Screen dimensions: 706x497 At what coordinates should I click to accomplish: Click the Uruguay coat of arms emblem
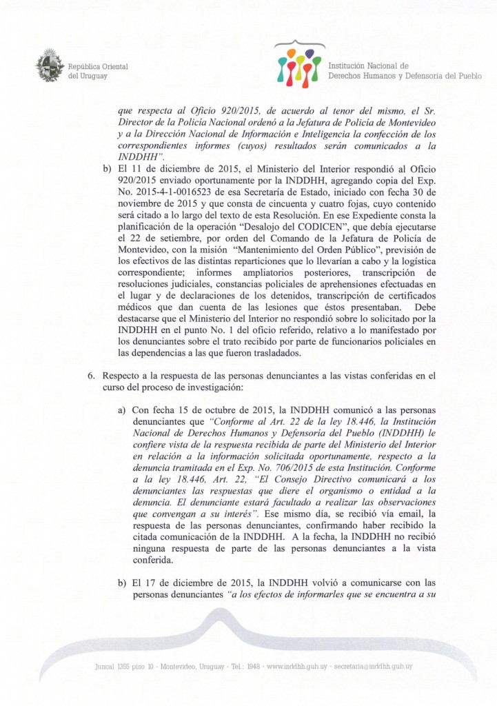pos(50,65)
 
